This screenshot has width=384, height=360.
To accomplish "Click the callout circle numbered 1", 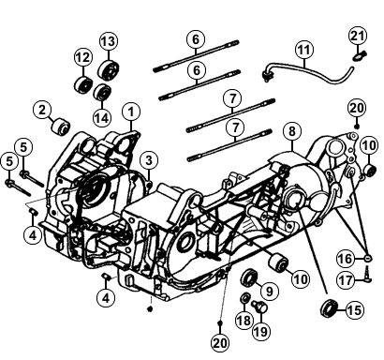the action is [131, 112].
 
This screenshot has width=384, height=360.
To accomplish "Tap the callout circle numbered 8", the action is [291, 131].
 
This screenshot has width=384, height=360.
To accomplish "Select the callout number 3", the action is [149, 160].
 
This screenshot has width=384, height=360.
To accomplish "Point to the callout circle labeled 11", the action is [304, 50].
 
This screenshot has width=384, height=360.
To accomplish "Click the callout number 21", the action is [358, 37].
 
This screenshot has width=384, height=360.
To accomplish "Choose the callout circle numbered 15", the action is [355, 310].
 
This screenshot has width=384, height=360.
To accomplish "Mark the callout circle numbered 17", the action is [346, 279].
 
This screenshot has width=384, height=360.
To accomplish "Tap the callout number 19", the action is [261, 331].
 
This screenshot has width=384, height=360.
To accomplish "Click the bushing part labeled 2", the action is [61, 127].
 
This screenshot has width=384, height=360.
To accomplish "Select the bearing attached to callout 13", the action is [109, 70].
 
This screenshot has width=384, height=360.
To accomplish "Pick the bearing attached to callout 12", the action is [84, 84].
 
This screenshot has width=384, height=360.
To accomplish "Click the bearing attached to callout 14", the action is [102, 92].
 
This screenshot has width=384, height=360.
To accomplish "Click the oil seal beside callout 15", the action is [330, 307].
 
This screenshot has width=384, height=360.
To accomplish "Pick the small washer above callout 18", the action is [244, 298].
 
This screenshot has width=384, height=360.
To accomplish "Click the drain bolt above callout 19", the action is [260, 306].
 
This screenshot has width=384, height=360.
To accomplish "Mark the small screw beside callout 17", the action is [367, 275].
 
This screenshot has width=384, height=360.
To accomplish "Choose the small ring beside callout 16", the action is [368, 258].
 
